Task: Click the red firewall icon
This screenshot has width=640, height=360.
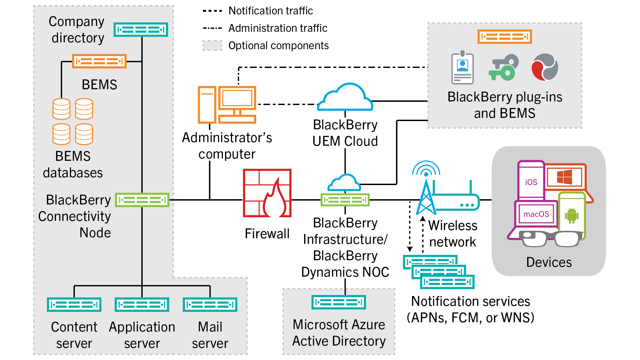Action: click(267, 193)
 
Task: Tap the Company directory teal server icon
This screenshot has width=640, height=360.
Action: click(141, 30)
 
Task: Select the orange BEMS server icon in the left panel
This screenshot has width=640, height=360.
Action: click(99, 61)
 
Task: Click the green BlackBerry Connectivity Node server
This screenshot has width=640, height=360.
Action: click(142, 200)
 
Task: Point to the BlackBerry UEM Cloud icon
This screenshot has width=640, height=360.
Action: click(345, 98)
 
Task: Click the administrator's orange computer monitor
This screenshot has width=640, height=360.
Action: click(237, 98)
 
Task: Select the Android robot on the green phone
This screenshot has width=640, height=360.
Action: click(571, 216)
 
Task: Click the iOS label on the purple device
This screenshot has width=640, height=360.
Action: click(531, 182)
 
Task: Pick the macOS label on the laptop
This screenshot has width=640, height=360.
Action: click(536, 214)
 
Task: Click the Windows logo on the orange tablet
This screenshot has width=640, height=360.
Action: click(564, 177)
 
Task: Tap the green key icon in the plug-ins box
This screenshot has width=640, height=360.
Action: click(503, 68)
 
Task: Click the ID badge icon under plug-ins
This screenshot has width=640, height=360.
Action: click(462, 68)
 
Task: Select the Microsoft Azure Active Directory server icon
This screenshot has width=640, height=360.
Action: click(339, 302)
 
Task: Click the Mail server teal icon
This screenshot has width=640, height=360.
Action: click(210, 305)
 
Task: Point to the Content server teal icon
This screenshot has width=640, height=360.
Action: click(74, 305)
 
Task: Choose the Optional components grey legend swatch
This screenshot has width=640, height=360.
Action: click(212, 45)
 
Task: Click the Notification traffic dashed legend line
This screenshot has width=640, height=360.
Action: click(212, 11)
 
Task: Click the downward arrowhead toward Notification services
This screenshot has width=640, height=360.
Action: click(410, 249)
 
